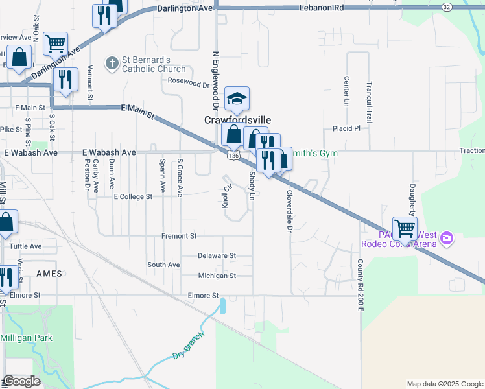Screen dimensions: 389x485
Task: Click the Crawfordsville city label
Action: [237, 120]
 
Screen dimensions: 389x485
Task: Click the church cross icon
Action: [112, 63]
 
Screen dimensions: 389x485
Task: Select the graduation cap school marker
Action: [237, 99]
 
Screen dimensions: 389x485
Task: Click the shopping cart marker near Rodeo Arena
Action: [405, 228]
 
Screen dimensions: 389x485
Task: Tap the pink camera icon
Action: [446, 239]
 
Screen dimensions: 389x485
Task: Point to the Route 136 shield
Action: [234, 156]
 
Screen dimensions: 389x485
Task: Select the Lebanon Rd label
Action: [321, 8]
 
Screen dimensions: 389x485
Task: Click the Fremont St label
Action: [179, 236]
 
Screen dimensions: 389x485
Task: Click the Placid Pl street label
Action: [346, 128]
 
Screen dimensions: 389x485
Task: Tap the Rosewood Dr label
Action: [189, 82]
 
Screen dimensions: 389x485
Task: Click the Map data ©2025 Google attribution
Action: [444, 384]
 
